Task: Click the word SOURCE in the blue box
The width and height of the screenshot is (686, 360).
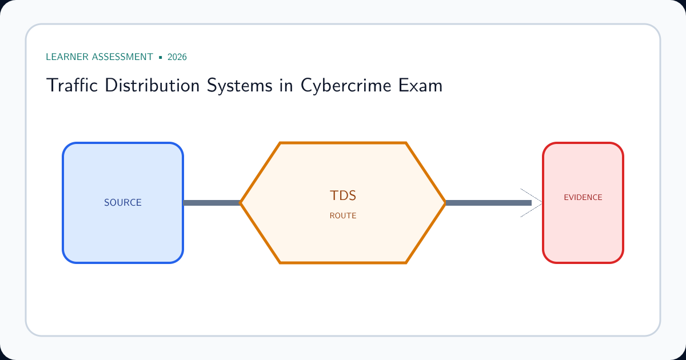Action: (123, 202)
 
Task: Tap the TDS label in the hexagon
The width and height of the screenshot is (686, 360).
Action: (343, 195)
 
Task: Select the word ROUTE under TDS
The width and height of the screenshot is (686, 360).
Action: (343, 215)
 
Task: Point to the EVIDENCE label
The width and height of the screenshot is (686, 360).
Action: (583, 197)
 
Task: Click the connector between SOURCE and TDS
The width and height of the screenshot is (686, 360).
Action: (212, 203)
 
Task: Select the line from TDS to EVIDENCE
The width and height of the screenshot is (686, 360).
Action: (488, 203)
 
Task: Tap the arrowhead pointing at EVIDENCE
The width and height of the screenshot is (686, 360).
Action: (531, 203)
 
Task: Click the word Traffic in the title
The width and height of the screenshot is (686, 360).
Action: (72, 85)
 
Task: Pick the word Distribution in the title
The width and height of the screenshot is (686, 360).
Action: (152, 85)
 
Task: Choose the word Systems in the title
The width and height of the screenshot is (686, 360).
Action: (240, 85)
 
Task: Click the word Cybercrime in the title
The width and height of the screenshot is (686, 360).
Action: (346, 85)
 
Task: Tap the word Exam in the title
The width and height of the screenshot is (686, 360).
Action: (421, 85)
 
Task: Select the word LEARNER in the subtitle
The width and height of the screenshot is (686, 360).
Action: (67, 57)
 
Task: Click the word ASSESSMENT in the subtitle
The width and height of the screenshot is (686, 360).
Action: (122, 57)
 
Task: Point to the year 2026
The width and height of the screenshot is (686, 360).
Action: (177, 57)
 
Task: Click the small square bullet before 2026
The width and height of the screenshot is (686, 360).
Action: (161, 57)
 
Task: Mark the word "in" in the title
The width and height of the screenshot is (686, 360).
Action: (286, 85)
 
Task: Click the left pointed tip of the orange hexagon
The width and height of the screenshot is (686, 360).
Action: (241, 203)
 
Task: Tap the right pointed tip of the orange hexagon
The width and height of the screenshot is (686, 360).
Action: (445, 203)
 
